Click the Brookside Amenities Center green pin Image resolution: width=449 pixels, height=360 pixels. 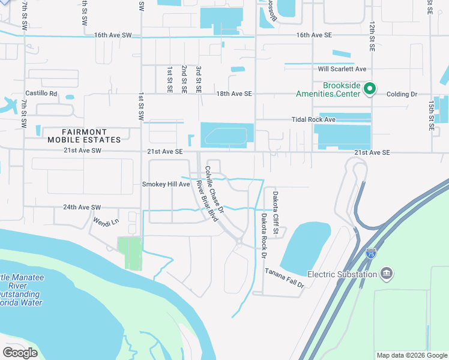pyautogui.click(x=370, y=89)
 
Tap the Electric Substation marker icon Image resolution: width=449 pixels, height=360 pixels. pyautogui.click(x=386, y=274)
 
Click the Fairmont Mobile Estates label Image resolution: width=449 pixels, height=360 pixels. pyautogui.click(x=92, y=136)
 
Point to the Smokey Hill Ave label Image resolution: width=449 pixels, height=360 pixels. pyautogui.click(x=166, y=184)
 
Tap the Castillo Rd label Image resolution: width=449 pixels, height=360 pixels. pyautogui.click(x=41, y=94)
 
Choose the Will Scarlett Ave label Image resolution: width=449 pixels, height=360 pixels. pyautogui.click(x=342, y=69)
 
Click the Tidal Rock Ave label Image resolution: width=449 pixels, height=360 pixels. pyautogui.click(x=313, y=120)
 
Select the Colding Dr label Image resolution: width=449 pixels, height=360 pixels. pyautogui.click(x=402, y=94)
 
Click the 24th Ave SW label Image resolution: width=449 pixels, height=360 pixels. pyautogui.click(x=82, y=208)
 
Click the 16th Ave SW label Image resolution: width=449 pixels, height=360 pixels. pyautogui.click(x=112, y=35)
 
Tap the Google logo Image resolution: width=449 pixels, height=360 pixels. pyautogui.click(x=20, y=353)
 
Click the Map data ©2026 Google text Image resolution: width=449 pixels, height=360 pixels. pyautogui.click(x=411, y=355)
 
